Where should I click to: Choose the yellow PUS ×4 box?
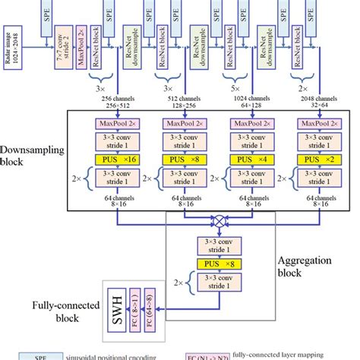251,160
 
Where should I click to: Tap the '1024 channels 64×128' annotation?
251,103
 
